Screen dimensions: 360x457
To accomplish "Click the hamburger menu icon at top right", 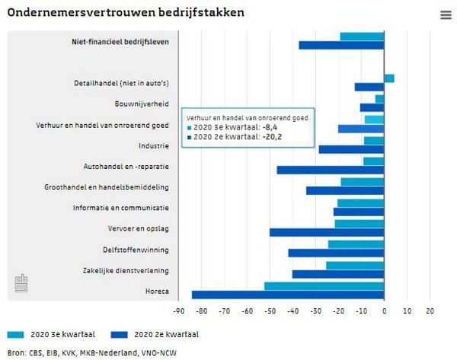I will (x=446, y=15).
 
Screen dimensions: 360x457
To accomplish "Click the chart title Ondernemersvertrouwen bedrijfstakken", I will (x=126, y=13).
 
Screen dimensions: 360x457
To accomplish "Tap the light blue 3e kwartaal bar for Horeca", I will (x=324, y=286).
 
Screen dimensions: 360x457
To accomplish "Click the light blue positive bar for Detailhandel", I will (x=388, y=78).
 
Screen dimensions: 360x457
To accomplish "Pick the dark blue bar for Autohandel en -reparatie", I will (x=330, y=170).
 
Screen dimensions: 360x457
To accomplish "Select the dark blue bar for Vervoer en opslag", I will (x=327, y=232).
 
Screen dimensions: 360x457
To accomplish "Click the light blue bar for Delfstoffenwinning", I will (x=356, y=244).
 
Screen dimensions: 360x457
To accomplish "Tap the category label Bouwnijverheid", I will (x=142, y=104).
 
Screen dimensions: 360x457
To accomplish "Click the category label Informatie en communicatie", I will (x=121, y=208).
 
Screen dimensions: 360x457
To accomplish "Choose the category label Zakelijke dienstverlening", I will (x=125, y=270).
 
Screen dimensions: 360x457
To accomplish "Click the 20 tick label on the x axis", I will (x=430, y=311).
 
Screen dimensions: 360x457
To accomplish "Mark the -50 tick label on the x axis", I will (x=270, y=311).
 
